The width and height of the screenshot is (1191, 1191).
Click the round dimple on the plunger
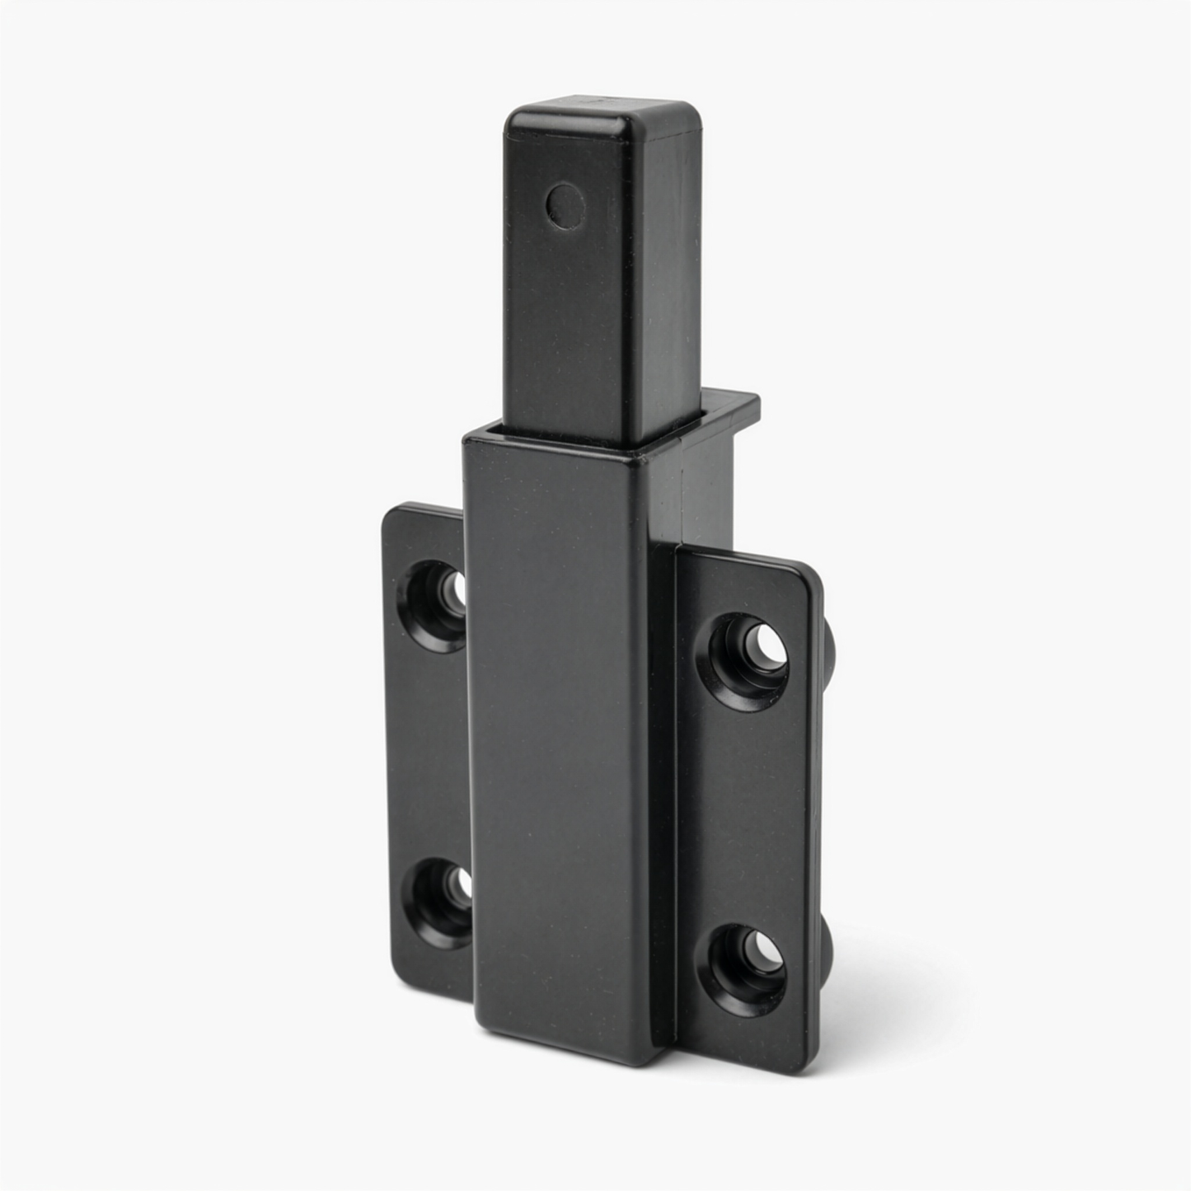(x=565, y=204)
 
